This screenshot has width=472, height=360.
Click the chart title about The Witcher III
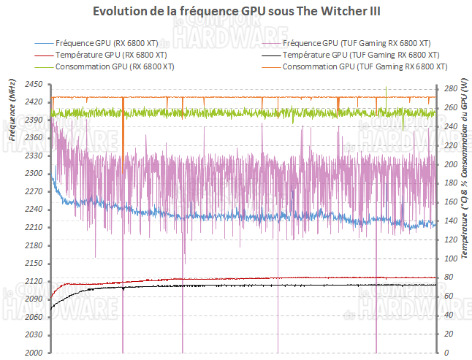tap(237, 12)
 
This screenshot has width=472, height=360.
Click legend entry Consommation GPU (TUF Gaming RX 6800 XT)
tap(362, 66)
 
